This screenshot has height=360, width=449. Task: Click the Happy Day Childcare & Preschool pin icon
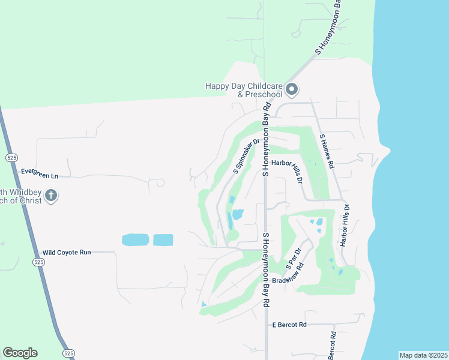292,90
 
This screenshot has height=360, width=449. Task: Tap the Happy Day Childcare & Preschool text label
244,90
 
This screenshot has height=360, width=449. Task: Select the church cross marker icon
52,196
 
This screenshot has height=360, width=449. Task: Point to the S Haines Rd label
327,149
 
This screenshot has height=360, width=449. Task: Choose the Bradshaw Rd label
288,274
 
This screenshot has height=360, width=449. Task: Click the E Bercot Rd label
289,325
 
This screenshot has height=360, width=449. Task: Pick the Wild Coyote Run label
67,253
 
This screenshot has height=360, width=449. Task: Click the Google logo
20,353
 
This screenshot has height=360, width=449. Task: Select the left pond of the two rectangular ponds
136,240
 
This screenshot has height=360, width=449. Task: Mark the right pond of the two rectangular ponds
163,240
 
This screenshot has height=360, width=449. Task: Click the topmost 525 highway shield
11,157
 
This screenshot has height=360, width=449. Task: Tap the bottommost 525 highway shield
68,354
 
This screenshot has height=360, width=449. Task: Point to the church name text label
22,196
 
